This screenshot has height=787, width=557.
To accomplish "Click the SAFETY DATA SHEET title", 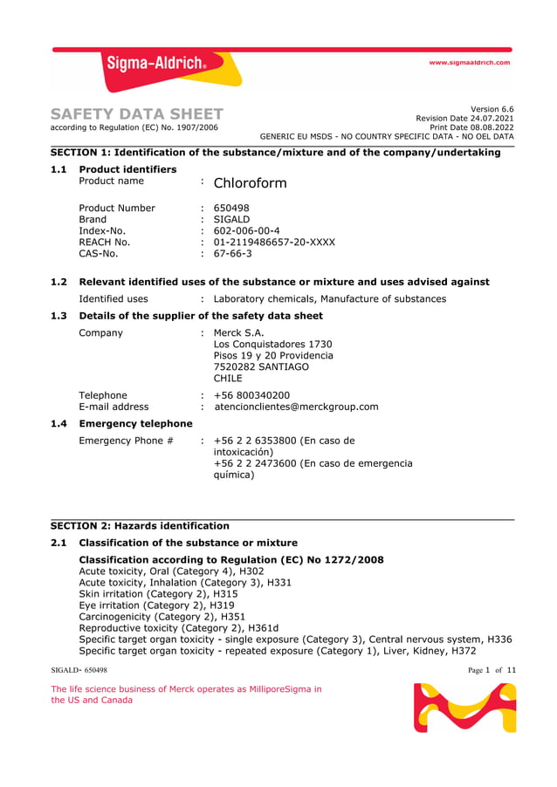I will click(x=137, y=114).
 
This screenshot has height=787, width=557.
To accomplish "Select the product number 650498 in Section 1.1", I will click(x=231, y=208).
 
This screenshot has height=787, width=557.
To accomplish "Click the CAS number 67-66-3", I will click(x=233, y=254).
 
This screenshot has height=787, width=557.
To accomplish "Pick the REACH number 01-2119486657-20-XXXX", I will click(x=273, y=242).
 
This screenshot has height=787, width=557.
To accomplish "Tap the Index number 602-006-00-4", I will click(x=246, y=230).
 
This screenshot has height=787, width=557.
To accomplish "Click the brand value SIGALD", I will click(x=231, y=219).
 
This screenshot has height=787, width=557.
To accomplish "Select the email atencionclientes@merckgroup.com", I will click(x=296, y=407).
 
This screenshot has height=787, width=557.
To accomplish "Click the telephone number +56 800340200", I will click(x=251, y=395).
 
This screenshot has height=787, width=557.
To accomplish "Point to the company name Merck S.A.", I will click(x=238, y=332).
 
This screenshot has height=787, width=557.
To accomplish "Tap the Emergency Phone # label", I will click(x=126, y=441).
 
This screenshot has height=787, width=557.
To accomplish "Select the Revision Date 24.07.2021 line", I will click(x=464, y=118).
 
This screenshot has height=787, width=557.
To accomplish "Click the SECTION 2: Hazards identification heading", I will click(x=140, y=525).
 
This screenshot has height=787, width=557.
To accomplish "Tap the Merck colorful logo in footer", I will click(x=464, y=707).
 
